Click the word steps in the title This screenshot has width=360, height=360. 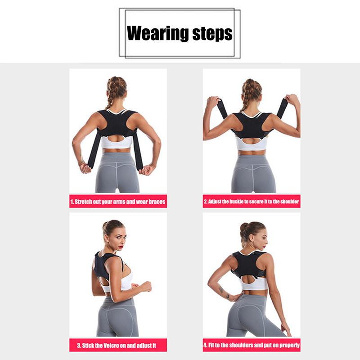coord(212,34)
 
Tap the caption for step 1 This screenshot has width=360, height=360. coord(118,202)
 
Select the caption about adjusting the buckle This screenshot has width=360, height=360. coord(252,202)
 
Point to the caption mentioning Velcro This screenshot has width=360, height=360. coord(117,346)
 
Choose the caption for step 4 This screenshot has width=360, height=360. coord(252,345)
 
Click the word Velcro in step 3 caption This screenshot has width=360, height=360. coord(111,346)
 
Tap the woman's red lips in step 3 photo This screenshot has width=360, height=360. coord(121,247)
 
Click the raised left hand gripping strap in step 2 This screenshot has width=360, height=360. coord(213,102)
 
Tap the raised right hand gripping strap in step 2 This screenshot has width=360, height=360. coord(292,100)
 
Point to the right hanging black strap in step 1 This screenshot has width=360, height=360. coord(138,150)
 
